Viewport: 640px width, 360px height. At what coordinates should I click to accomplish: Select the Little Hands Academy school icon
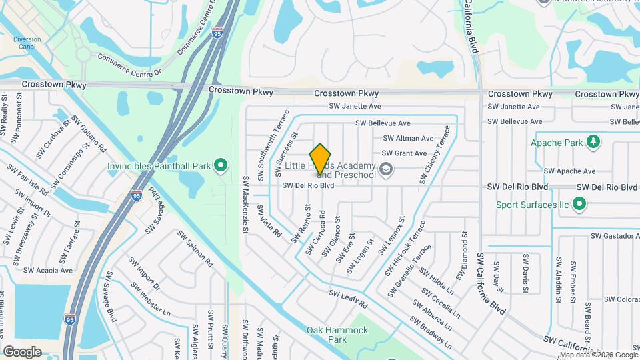point(385,171)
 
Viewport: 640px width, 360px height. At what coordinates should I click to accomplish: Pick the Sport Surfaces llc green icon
point(579,205)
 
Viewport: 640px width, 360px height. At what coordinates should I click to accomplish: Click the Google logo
point(22,351)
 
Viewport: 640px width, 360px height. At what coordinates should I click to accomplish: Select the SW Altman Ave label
point(408,139)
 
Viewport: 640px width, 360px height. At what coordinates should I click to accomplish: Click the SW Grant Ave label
point(404,153)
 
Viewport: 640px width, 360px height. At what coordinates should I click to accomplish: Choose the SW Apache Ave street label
point(570,171)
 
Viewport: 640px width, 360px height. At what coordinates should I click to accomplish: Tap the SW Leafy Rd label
point(348,299)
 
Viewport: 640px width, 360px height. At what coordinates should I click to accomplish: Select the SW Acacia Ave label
point(48,271)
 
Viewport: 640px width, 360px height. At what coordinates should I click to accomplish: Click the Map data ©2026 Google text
point(598,353)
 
